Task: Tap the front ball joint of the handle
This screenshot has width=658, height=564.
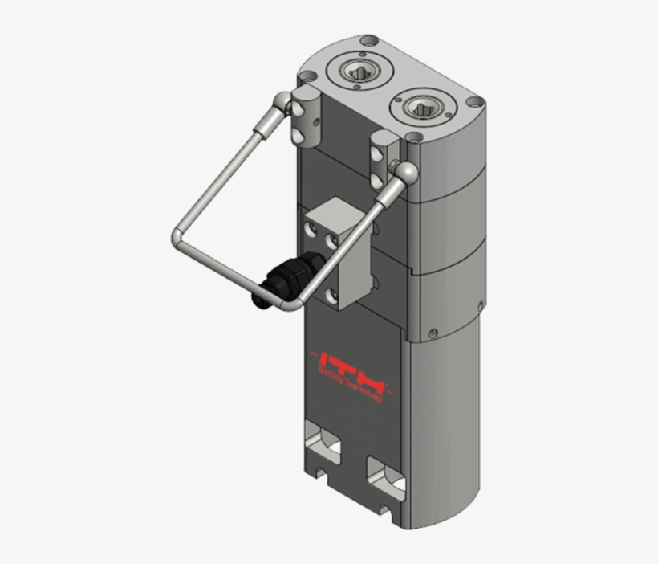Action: click(405, 170)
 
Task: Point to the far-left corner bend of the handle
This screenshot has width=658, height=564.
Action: click(177, 237)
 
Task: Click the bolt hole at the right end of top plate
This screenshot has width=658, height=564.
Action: click(475, 102)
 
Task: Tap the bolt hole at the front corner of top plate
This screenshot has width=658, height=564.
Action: click(414, 138)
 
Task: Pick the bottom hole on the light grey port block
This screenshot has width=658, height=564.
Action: click(331, 296)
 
